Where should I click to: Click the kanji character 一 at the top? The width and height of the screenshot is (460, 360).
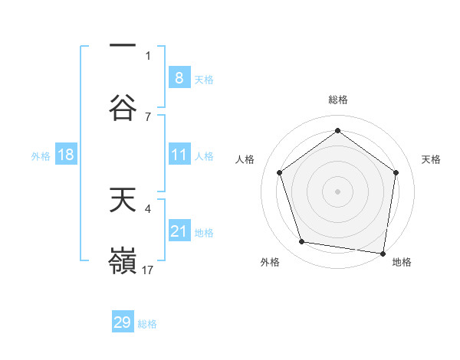coord(122,46)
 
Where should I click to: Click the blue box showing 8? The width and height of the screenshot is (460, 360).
coord(179,77)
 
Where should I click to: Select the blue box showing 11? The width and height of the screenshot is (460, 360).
coord(179,155)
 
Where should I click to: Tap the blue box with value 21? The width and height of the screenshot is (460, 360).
coord(179,231)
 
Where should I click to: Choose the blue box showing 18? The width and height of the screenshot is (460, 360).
coord(66,155)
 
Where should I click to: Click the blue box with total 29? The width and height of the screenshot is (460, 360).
coord(123,322)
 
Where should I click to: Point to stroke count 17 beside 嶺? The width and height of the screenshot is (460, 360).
coord(149,270)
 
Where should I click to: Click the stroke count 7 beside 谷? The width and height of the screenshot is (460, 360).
coord(148,116)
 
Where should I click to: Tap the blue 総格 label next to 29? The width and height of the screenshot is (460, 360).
coord(147,324)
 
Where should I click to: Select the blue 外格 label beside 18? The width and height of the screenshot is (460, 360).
coord(41,156)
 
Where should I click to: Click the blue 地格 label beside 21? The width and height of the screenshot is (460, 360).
coord(204,233)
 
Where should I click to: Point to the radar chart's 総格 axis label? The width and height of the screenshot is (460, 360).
coord(338,100)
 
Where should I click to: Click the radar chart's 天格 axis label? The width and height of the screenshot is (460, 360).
coord(432,159)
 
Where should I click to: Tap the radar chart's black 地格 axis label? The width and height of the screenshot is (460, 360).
coord(402,262)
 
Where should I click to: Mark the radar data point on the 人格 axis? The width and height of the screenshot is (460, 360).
coord(279,172)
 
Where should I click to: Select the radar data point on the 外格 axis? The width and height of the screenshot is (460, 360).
coord(301,242)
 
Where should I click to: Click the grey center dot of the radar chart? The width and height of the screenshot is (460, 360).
coord(338,191)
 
